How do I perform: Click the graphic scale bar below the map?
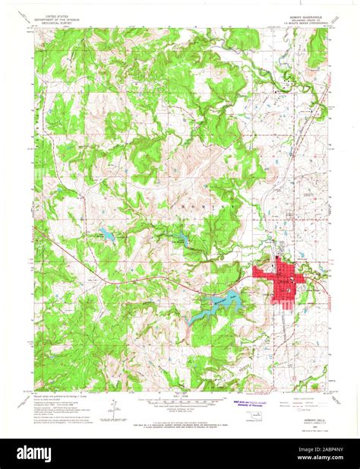[x=180, y=401]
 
